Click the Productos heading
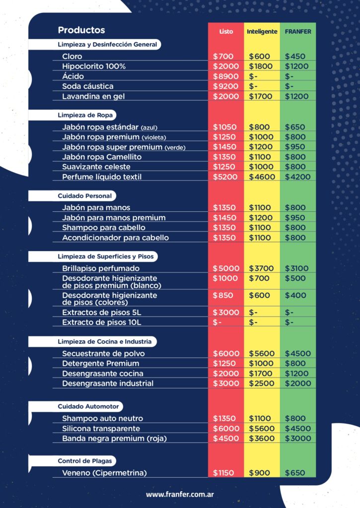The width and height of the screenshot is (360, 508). point(81,30)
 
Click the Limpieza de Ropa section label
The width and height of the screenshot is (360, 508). point(86,115)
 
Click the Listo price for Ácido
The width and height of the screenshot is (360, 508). point(226,76)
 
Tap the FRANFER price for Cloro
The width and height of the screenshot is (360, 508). point(295,57)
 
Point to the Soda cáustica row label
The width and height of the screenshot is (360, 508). point(88,86)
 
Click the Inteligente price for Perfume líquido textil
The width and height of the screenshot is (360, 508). point(262,177)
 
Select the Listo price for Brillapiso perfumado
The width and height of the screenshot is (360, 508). point(226,268)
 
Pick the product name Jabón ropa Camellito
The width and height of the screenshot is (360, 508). point(102,157)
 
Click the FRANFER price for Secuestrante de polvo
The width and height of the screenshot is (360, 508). point(297,354)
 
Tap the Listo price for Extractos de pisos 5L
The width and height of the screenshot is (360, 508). point(226,313)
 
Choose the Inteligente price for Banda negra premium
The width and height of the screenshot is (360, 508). point(262,439)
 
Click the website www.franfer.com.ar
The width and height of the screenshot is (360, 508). point(180,495)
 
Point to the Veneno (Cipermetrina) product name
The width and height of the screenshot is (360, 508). point(104,473)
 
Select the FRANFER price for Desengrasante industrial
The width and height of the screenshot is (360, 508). point(297,383)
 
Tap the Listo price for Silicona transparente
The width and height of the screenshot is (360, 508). point(226,429)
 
